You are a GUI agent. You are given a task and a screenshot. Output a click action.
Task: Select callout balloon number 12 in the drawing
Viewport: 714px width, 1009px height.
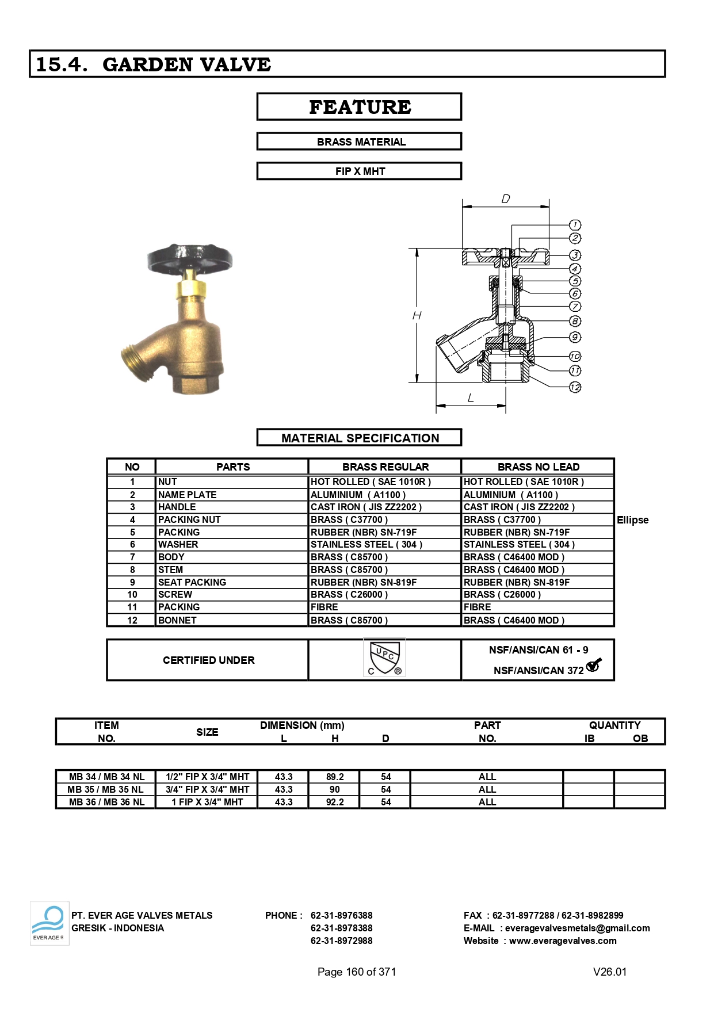(575, 387)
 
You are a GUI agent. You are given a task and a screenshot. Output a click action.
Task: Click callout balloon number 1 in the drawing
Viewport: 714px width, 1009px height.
(575, 225)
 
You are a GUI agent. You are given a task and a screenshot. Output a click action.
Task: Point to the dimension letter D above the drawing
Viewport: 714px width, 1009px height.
(505, 199)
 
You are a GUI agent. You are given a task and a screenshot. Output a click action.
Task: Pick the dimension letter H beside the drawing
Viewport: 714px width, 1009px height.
(417, 315)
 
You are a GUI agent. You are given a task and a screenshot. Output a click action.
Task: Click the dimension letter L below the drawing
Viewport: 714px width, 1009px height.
(471, 398)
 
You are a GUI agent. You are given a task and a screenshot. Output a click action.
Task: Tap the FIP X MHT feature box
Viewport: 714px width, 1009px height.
(359, 171)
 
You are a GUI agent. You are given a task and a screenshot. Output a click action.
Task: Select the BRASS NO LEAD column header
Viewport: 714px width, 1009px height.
(538, 467)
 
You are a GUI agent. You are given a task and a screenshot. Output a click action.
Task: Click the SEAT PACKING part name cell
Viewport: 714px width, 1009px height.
(192, 582)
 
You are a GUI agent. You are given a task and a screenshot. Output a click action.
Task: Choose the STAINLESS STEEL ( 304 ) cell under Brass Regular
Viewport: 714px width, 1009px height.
(366, 544)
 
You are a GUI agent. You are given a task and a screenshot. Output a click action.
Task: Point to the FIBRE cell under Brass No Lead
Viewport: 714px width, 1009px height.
(478, 607)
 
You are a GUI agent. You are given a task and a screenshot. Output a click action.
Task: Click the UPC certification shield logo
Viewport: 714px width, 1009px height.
(385, 658)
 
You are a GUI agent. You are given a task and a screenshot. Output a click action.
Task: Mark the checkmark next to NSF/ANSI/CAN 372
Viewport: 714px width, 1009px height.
(594, 665)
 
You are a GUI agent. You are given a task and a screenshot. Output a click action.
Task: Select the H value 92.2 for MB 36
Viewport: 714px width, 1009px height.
(334, 802)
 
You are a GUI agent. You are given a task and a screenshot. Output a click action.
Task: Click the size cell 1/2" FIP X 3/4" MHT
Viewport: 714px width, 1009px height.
(207, 777)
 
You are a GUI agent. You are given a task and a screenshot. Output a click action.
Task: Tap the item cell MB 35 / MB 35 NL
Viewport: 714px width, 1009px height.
(106, 789)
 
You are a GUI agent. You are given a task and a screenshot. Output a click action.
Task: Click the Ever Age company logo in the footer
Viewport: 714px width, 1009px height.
(49, 923)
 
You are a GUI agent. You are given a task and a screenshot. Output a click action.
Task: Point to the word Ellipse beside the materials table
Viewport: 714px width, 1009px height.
(632, 520)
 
